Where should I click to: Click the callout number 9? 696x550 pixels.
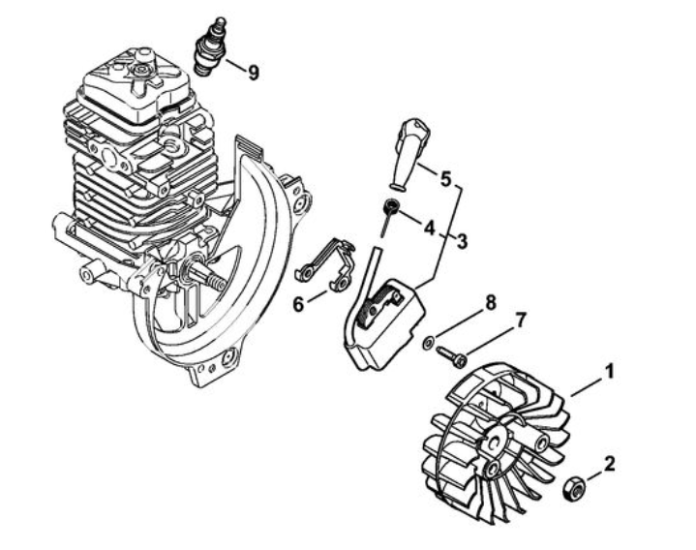pos(254,73)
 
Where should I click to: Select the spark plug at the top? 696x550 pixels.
pos(211,46)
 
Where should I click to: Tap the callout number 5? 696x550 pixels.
pos(445,179)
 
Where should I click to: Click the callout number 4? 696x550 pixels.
pos(429,229)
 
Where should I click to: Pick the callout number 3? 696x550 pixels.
pos(462,242)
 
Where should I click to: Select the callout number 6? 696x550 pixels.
pos(299,304)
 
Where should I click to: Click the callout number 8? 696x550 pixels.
pos(490,303)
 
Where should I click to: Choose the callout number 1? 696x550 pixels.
pos(611,372)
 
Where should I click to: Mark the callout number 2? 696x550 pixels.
pos(610,465)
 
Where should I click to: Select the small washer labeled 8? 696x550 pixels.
pos(429,342)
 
